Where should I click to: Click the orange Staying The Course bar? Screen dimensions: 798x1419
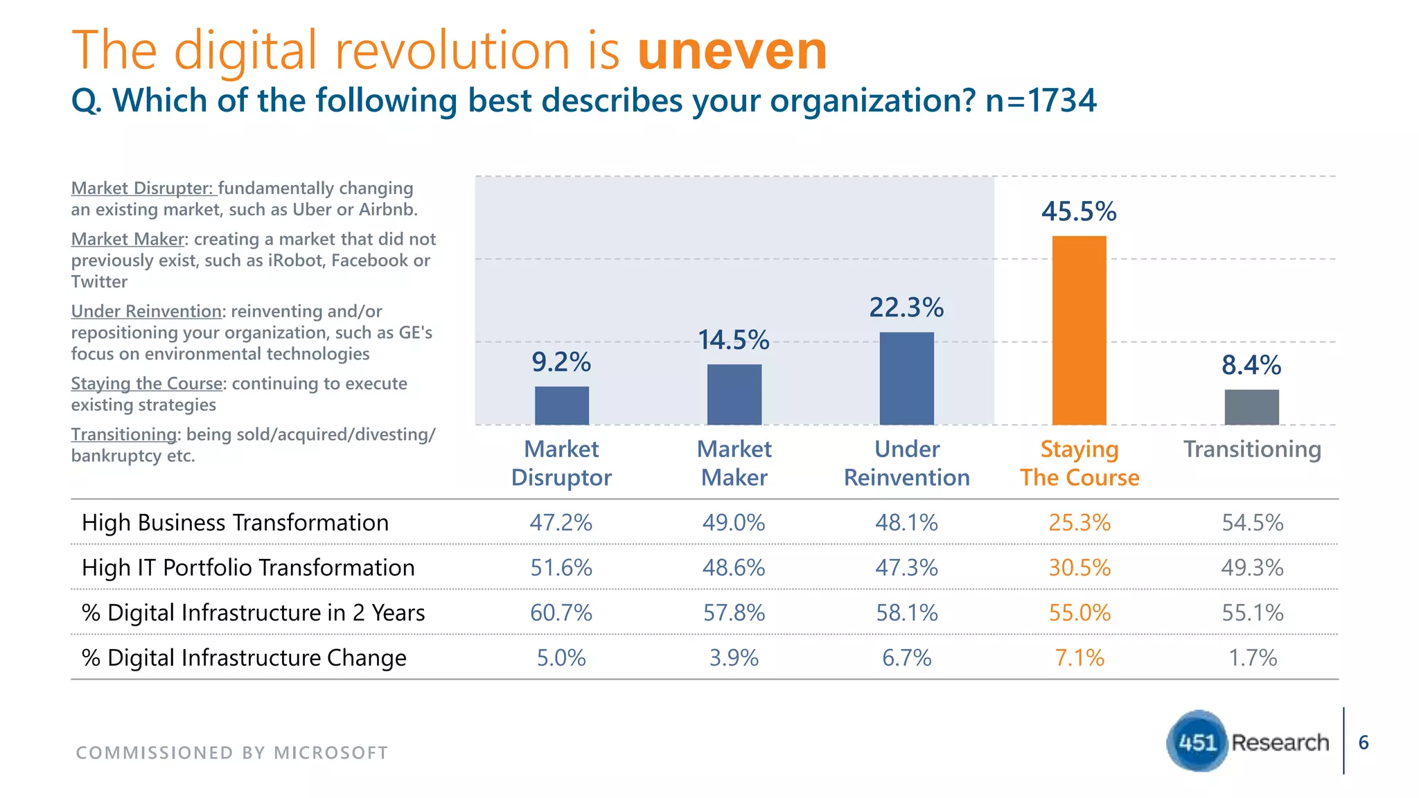[x=1079, y=330]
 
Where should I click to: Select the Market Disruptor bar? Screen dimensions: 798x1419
[x=561, y=406]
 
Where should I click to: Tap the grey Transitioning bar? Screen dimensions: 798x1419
[x=1251, y=407]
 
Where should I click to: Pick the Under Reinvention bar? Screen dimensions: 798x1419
[x=906, y=378]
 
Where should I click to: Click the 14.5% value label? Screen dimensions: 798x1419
[x=734, y=340]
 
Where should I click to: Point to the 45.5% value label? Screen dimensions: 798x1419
[x=1079, y=211]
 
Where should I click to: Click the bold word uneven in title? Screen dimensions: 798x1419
[x=732, y=51]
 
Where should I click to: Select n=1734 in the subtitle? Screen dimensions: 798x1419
[x=1041, y=100]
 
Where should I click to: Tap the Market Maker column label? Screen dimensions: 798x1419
[x=734, y=463]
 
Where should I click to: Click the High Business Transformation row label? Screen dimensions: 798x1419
[x=235, y=522]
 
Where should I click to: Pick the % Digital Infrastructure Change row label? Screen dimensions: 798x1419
[x=244, y=657]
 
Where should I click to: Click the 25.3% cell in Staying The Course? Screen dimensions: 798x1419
[x=1079, y=522]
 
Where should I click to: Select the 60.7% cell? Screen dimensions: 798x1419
[x=561, y=612]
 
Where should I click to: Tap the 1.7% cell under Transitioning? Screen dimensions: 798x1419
[x=1252, y=657]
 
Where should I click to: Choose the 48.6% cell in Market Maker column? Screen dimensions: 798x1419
[x=734, y=567]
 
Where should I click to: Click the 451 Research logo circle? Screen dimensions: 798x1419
[x=1197, y=741]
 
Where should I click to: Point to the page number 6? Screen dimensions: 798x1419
[x=1363, y=743]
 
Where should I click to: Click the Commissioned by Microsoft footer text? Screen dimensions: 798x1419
[x=232, y=752]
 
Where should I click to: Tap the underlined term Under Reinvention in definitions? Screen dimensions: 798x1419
[x=146, y=311]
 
